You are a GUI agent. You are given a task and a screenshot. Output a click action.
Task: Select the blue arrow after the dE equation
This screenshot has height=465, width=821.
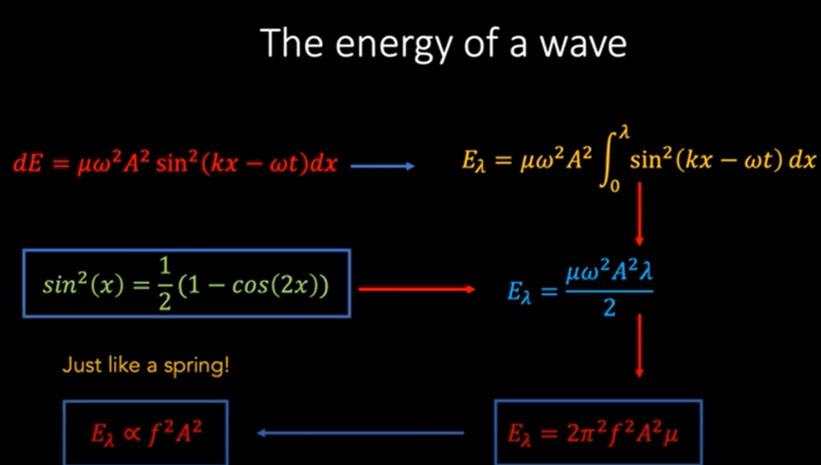coord(382,166)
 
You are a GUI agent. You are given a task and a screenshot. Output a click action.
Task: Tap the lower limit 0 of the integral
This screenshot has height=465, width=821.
coord(615,186)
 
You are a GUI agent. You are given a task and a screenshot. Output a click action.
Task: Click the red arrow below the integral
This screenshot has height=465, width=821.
coord(639,214)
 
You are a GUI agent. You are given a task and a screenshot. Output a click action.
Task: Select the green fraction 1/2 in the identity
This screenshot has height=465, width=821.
coord(165,285)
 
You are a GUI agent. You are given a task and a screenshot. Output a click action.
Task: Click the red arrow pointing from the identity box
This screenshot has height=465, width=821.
coord(417,289)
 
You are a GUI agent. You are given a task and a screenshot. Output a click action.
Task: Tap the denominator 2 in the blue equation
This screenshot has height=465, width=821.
coord(609,308)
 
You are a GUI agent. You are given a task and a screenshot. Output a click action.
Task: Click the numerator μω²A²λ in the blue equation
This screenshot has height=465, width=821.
coord(609,273)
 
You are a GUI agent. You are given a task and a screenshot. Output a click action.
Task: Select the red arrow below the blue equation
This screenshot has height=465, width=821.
coord(639,345)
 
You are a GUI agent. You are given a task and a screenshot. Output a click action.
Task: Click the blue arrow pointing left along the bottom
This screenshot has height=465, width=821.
coord(360,433)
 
